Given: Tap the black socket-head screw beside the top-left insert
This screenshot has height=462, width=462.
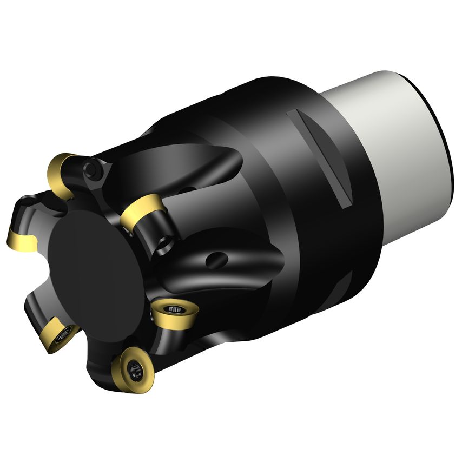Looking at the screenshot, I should pyautogui.click(x=93, y=171).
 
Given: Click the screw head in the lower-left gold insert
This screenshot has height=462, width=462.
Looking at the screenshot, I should pyautogui.click(x=63, y=335).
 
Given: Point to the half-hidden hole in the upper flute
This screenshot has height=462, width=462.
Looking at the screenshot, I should pyautogui.click(x=187, y=189).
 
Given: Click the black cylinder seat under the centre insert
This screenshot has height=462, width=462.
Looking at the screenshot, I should pyautogui.click(x=155, y=233).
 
